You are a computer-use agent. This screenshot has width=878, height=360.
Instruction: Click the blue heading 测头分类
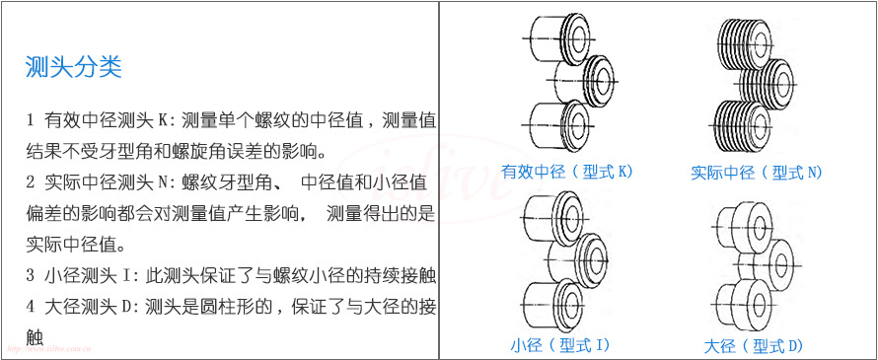[x=73, y=68]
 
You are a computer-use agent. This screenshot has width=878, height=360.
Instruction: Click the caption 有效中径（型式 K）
[x=566, y=172]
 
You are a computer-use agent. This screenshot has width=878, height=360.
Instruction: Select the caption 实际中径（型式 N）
[x=757, y=173]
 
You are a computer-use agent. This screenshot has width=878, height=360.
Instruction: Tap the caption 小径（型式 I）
[x=560, y=344]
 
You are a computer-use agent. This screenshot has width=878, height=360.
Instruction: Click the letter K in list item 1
[x=163, y=120]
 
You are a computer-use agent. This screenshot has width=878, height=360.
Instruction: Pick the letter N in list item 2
[x=164, y=182]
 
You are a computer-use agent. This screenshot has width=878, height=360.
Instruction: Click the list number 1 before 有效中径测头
[x=31, y=120]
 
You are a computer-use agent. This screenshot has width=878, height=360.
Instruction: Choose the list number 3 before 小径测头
[x=31, y=275]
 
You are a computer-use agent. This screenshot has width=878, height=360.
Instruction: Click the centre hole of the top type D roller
[x=760, y=227]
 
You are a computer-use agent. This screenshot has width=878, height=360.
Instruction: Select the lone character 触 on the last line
[x=35, y=337]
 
